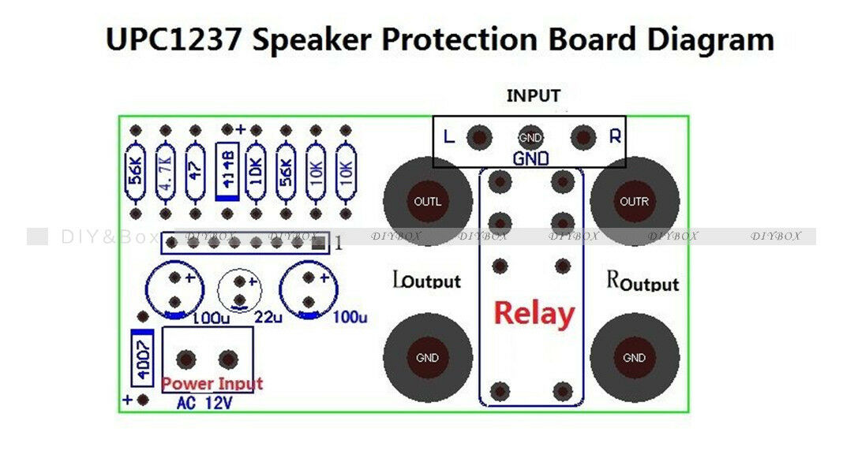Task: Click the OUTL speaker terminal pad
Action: coord(428,201)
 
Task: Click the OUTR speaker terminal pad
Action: coord(635,201)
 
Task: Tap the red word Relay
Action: coord(534,314)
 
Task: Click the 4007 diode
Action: coord(142,360)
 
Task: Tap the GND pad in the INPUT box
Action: coord(530,138)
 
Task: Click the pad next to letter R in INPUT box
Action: coord(583,138)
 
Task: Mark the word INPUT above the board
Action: coord(533,96)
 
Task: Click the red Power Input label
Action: coord(212,384)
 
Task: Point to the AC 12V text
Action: coord(204,403)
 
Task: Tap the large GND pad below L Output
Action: coord(428,358)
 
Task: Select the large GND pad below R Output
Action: coord(635,358)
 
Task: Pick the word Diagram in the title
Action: coord(707,39)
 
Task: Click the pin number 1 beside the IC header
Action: coord(338,243)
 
